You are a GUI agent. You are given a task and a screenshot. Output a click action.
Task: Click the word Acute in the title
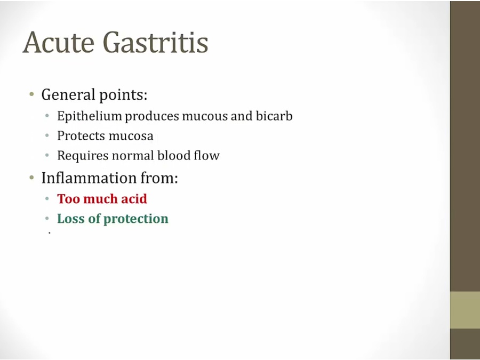58,42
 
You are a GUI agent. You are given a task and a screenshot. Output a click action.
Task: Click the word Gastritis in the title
156,42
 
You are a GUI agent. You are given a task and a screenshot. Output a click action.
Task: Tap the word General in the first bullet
68,94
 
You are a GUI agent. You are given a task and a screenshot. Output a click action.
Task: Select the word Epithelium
90,116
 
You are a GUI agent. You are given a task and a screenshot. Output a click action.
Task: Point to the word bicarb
274,116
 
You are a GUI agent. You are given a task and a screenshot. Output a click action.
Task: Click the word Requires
83,156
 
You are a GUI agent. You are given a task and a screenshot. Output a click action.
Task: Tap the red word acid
134,199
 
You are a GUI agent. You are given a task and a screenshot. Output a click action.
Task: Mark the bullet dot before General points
31,94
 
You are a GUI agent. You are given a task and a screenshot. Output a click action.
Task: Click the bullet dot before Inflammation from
31,177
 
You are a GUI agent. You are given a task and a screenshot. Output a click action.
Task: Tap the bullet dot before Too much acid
47,199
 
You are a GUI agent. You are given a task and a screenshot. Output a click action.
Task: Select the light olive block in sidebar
465,310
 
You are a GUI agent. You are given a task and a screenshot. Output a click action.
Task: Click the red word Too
69,199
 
